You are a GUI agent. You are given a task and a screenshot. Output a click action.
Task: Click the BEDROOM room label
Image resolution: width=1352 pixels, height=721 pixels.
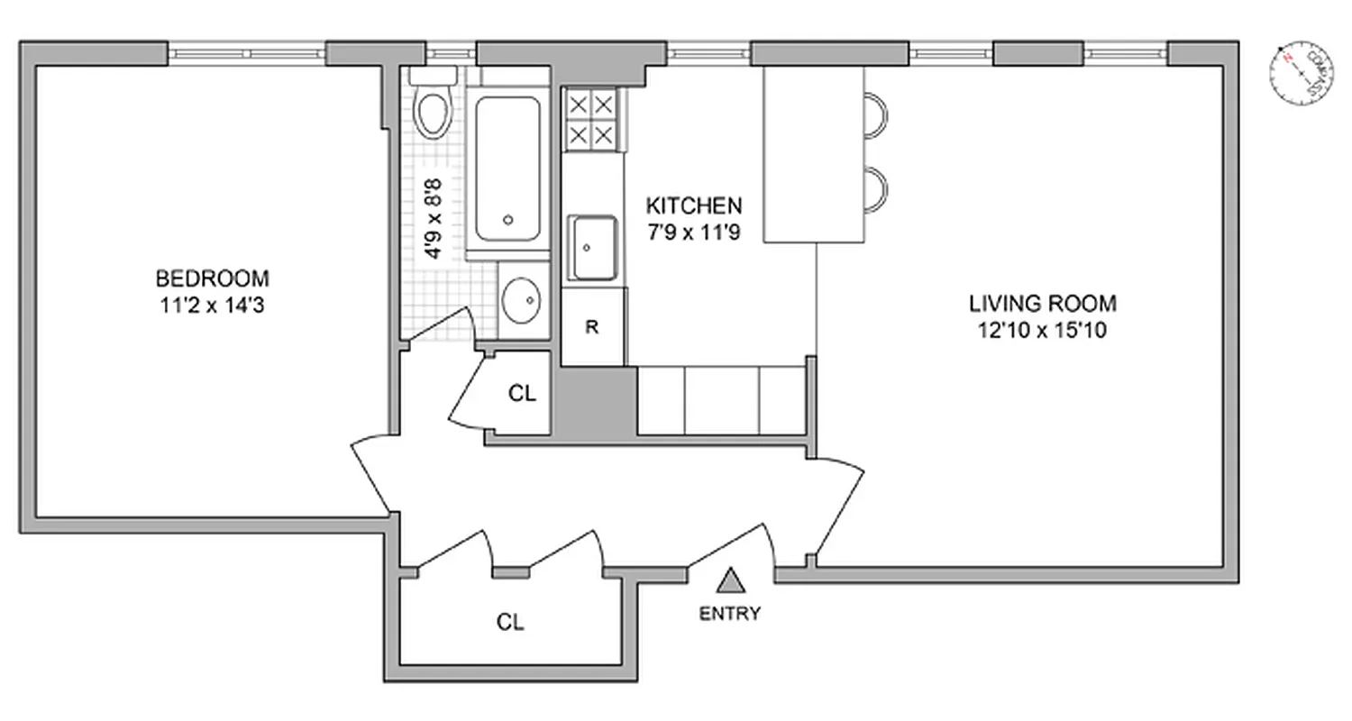coord(212,278)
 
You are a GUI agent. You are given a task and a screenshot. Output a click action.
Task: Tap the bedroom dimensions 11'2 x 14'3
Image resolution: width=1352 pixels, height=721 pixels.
coord(212,305)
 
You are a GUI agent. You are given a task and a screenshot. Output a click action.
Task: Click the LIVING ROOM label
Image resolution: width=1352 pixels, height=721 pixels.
coord(1042,303)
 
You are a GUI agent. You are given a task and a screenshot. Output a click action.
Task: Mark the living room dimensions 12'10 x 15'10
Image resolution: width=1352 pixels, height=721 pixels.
coord(1042,330)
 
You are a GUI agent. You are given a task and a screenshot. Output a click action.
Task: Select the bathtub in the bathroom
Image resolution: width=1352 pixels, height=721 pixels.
coord(508,169)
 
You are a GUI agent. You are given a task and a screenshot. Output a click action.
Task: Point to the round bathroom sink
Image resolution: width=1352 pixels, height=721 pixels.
coord(522,300)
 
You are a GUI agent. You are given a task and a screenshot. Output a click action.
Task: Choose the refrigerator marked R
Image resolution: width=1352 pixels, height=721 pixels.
coord(592,327)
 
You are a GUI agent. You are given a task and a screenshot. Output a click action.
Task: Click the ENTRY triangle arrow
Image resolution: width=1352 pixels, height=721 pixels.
coord(732,580)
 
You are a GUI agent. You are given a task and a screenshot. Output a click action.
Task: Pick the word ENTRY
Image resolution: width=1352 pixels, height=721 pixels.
coord(730,615)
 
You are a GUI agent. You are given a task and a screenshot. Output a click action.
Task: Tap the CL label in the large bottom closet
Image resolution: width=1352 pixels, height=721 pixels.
coord(510,623)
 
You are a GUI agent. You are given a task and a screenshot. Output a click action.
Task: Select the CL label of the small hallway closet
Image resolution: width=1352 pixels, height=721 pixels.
coord(521,394)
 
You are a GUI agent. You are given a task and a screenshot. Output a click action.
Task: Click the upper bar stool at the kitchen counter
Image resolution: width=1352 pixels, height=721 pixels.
coord(876,115)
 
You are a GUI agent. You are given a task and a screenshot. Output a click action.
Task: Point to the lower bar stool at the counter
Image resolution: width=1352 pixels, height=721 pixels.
coord(876,189)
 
